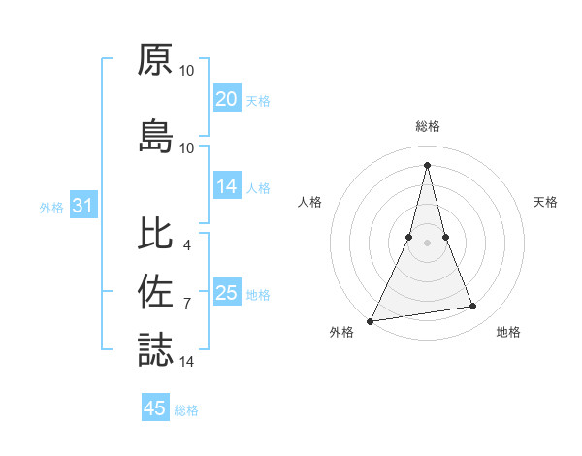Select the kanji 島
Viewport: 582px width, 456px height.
(x=155, y=137)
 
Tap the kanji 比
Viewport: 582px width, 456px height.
(x=155, y=234)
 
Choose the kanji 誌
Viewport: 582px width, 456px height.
(x=155, y=350)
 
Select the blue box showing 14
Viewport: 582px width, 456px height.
(x=227, y=187)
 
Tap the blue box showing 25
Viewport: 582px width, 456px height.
(x=227, y=294)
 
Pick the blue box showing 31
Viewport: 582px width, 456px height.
(x=81, y=207)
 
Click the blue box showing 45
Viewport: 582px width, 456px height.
(x=155, y=408)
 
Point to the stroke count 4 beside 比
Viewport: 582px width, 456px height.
(x=186, y=244)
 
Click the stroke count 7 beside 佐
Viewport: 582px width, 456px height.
(x=186, y=303)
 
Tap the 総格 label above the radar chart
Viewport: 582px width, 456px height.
(x=427, y=127)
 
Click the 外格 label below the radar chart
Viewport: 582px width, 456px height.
(x=341, y=333)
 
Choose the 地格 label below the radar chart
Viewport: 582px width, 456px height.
(x=508, y=333)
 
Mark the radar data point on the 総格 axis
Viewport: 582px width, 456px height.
(x=427, y=164)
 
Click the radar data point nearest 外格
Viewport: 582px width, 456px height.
(x=371, y=320)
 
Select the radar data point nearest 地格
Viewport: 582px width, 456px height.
(x=473, y=307)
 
